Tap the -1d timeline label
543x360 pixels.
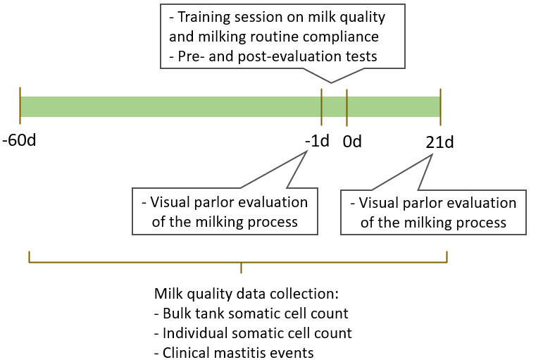tap(317, 141)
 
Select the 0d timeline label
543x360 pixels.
tap(352, 141)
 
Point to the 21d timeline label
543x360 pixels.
tap(439, 142)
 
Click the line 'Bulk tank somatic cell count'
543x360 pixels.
tap(251, 314)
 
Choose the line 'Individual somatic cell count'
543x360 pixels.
tap(253, 333)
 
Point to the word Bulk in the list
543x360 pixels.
tap(177, 314)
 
